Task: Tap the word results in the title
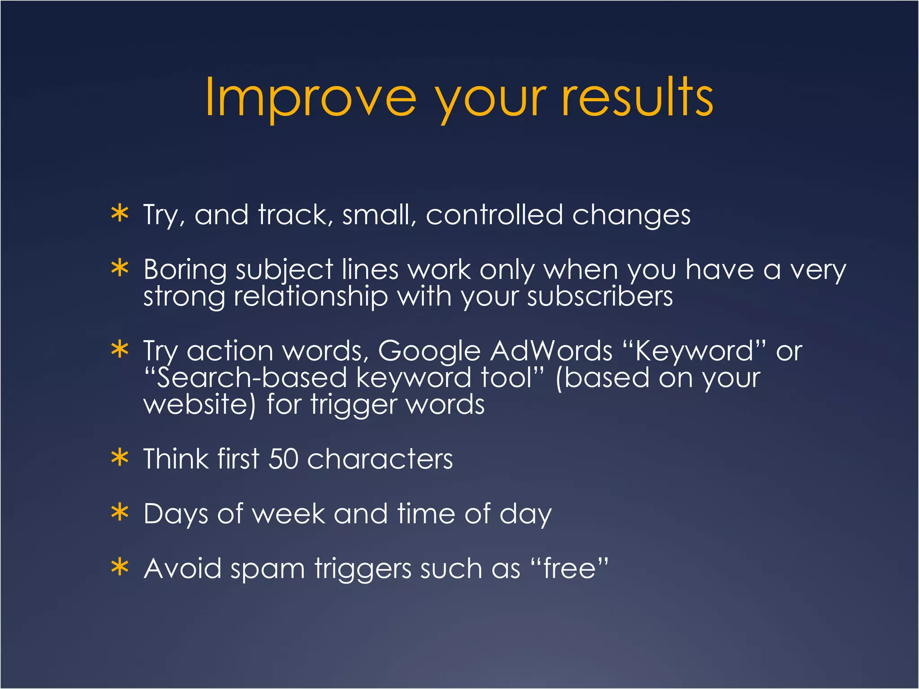point(637,98)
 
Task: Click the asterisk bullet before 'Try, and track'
point(120,214)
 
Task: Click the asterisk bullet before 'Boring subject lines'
point(120,269)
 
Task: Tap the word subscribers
point(600,297)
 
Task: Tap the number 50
point(283,459)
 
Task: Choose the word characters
point(380,459)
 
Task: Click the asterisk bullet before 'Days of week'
point(120,513)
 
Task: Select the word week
point(289,514)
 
